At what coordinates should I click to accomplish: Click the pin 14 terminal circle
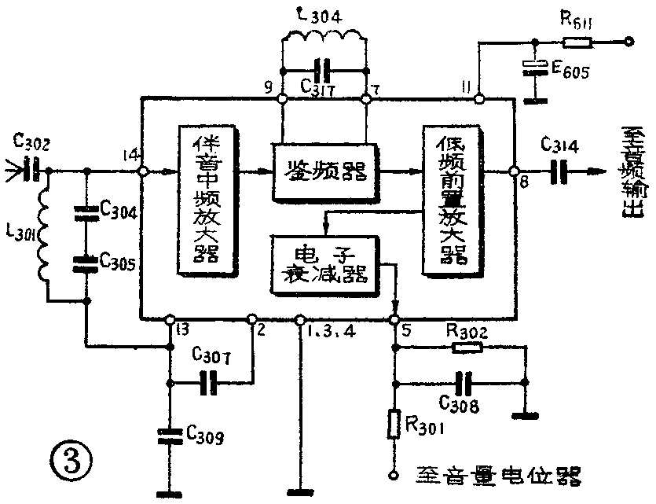pos(142,171)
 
